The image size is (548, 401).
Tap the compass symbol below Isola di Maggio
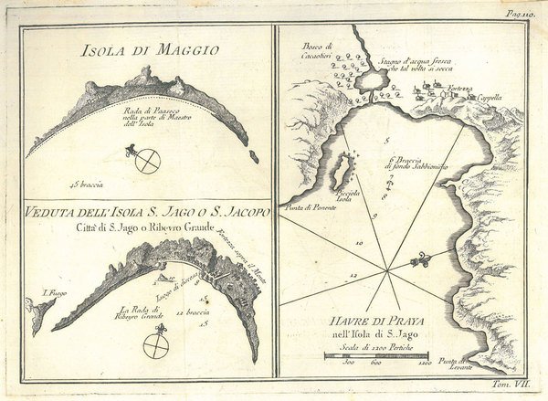point(146,161)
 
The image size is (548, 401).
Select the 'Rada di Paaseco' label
point(146,115)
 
